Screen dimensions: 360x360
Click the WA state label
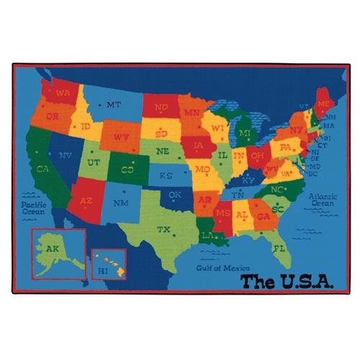point(63,93)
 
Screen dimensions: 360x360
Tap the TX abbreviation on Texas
point(164,230)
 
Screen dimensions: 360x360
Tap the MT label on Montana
point(113,104)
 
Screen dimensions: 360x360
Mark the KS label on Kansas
point(166,175)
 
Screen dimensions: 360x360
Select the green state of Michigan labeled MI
point(245,132)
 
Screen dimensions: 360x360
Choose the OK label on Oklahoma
point(175,194)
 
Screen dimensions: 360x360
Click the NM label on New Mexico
point(122,203)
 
